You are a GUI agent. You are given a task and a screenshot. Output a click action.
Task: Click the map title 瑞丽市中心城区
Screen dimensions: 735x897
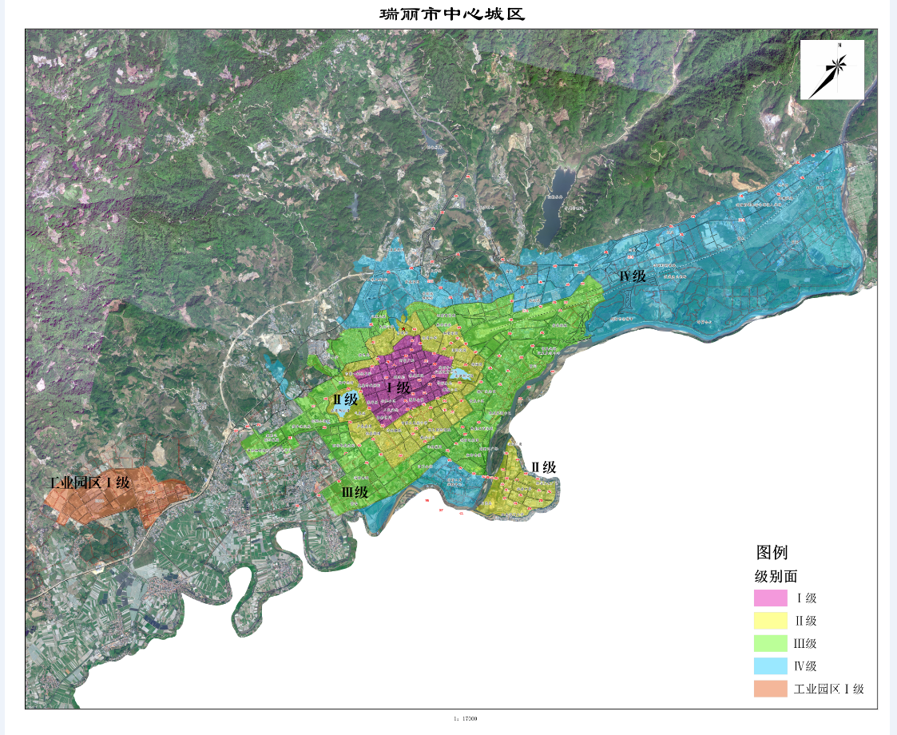(x=451, y=14)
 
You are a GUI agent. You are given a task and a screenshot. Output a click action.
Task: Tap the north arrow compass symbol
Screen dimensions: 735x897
(x=832, y=70)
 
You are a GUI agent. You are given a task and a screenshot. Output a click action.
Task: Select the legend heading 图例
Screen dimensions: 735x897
(x=772, y=552)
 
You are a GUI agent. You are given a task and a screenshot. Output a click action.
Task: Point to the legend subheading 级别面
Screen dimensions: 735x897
(x=776, y=576)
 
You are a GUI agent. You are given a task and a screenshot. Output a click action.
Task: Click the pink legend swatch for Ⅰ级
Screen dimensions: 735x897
(x=771, y=598)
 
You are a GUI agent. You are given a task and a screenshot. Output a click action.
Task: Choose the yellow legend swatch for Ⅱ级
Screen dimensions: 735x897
(x=771, y=621)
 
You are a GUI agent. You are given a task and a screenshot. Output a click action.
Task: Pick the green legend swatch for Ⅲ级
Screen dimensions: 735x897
(x=771, y=643)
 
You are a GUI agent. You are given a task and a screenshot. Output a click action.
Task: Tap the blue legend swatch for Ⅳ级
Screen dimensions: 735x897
(x=771, y=666)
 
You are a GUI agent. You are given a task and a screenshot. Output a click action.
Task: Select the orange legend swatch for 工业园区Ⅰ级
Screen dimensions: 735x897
(x=771, y=689)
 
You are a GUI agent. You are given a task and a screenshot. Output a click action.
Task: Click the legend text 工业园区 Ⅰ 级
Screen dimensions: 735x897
(x=829, y=689)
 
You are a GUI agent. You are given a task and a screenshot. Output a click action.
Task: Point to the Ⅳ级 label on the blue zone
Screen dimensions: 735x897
(x=632, y=276)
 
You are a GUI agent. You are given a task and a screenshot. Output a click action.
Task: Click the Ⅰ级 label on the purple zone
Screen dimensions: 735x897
(x=398, y=388)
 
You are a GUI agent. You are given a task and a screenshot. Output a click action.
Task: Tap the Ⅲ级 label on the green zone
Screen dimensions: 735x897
(x=355, y=492)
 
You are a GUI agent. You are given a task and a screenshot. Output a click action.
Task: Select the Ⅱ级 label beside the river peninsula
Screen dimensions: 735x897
(x=543, y=467)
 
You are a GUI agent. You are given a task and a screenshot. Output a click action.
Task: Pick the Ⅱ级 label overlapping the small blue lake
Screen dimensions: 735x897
(x=345, y=399)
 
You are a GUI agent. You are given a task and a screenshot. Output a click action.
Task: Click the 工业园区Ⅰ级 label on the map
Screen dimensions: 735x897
(x=89, y=483)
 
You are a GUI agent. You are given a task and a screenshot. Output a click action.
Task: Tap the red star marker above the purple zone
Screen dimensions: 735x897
(x=404, y=328)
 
